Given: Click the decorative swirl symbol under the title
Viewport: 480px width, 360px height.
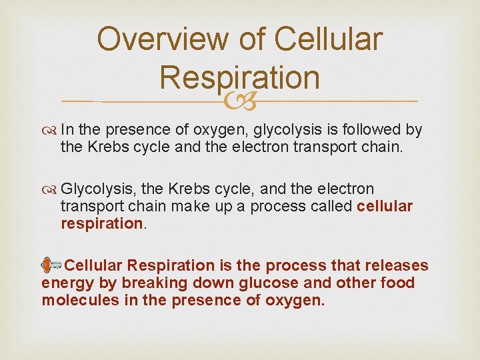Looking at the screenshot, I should [240, 101].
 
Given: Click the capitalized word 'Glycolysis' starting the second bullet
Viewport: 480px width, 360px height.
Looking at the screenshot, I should [92, 189].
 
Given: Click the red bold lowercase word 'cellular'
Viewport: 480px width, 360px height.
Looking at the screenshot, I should [385, 206].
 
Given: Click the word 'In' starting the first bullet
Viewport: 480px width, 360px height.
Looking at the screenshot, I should [67, 129].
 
